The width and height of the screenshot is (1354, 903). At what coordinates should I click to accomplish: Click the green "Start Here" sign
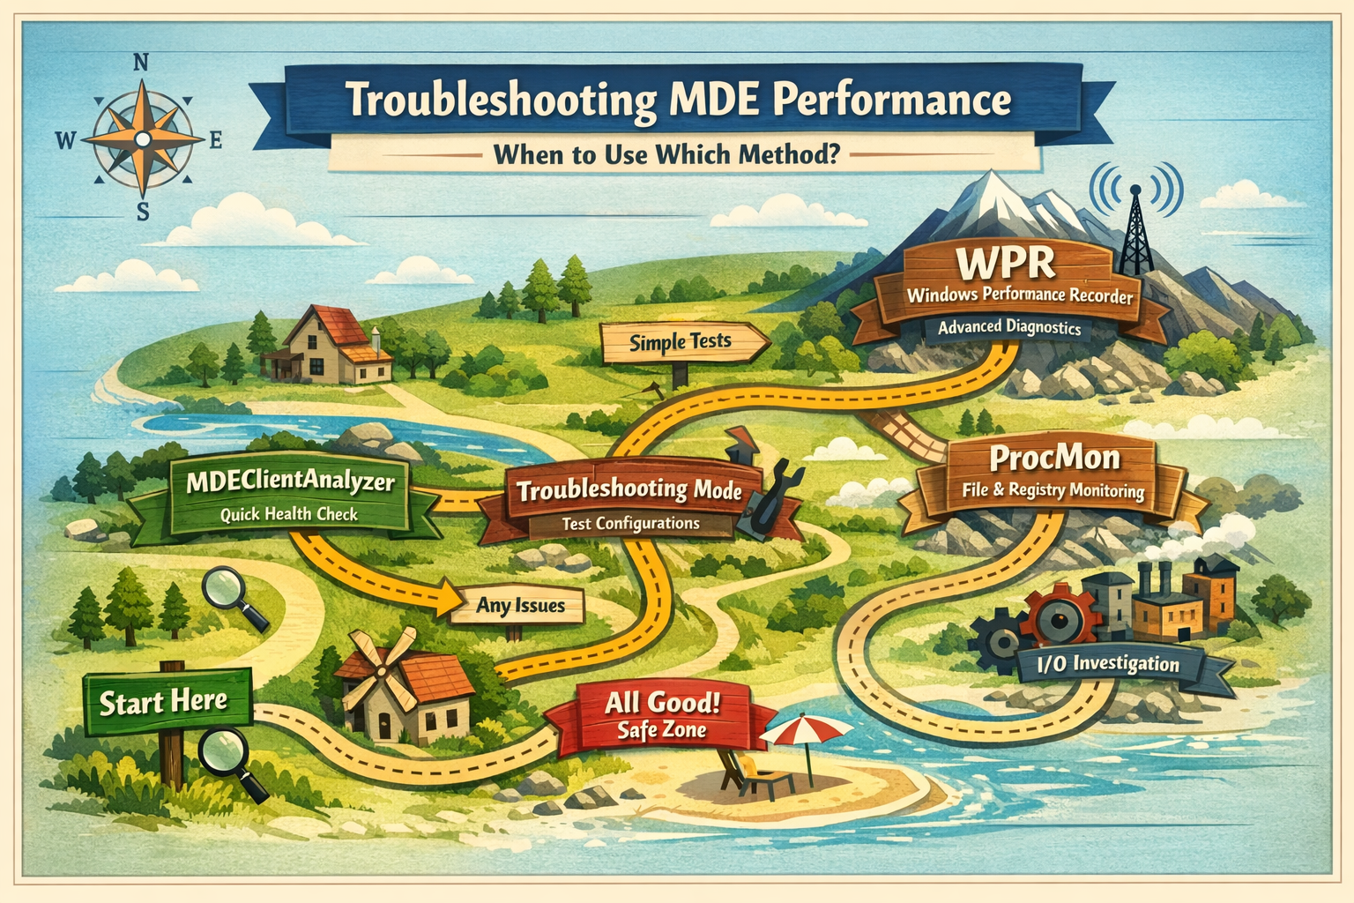(x=167, y=702)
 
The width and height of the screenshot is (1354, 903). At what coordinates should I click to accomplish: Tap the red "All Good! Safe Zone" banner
(x=661, y=717)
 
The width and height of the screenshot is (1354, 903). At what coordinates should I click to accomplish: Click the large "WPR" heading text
(x=1005, y=263)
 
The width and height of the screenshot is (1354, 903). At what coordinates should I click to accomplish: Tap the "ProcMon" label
(x=1054, y=459)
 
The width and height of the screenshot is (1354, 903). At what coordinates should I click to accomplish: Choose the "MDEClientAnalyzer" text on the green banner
(x=290, y=482)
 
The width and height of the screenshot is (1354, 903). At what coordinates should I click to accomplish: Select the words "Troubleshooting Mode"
(x=629, y=490)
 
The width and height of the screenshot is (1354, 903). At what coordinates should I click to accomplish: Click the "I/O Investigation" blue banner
(x=1108, y=664)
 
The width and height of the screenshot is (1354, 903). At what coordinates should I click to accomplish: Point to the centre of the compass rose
(x=143, y=139)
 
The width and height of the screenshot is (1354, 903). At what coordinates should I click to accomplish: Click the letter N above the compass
(x=140, y=63)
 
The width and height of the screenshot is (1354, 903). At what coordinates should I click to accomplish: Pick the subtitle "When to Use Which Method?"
(x=666, y=155)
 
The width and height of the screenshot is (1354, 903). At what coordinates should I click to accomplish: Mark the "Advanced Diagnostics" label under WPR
(x=1008, y=328)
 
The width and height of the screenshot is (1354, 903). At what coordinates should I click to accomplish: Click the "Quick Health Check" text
(x=288, y=515)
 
